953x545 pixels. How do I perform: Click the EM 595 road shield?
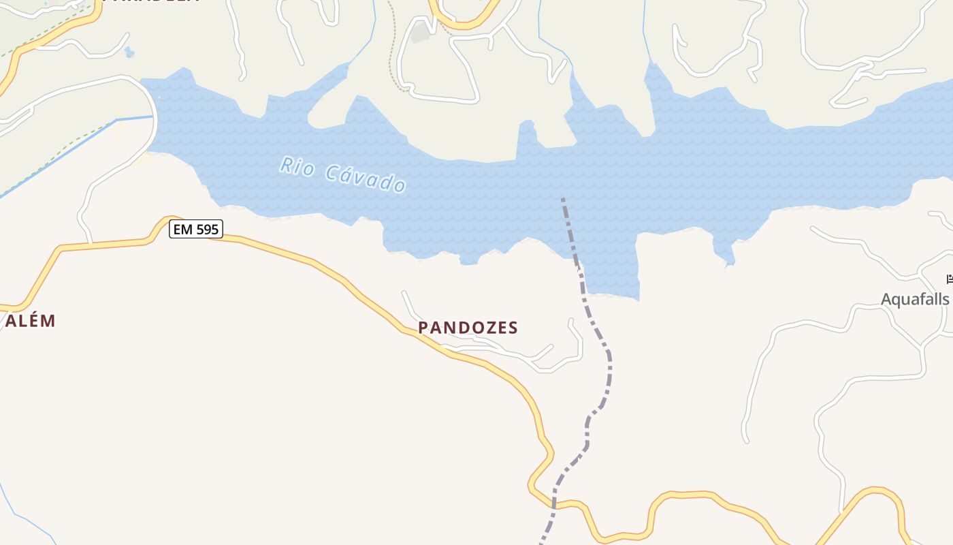196,230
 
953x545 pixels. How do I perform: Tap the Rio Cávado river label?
343,174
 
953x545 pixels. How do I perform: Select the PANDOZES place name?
468,328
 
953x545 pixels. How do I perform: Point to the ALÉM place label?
31,321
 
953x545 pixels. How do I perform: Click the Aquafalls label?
914,299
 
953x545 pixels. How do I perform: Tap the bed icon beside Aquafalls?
950,279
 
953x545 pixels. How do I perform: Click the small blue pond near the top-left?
129,52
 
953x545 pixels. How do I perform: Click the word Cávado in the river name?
366,178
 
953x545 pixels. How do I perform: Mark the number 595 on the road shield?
207,230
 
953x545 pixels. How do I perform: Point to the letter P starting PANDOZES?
423,328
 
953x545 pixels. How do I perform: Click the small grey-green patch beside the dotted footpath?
420,33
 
